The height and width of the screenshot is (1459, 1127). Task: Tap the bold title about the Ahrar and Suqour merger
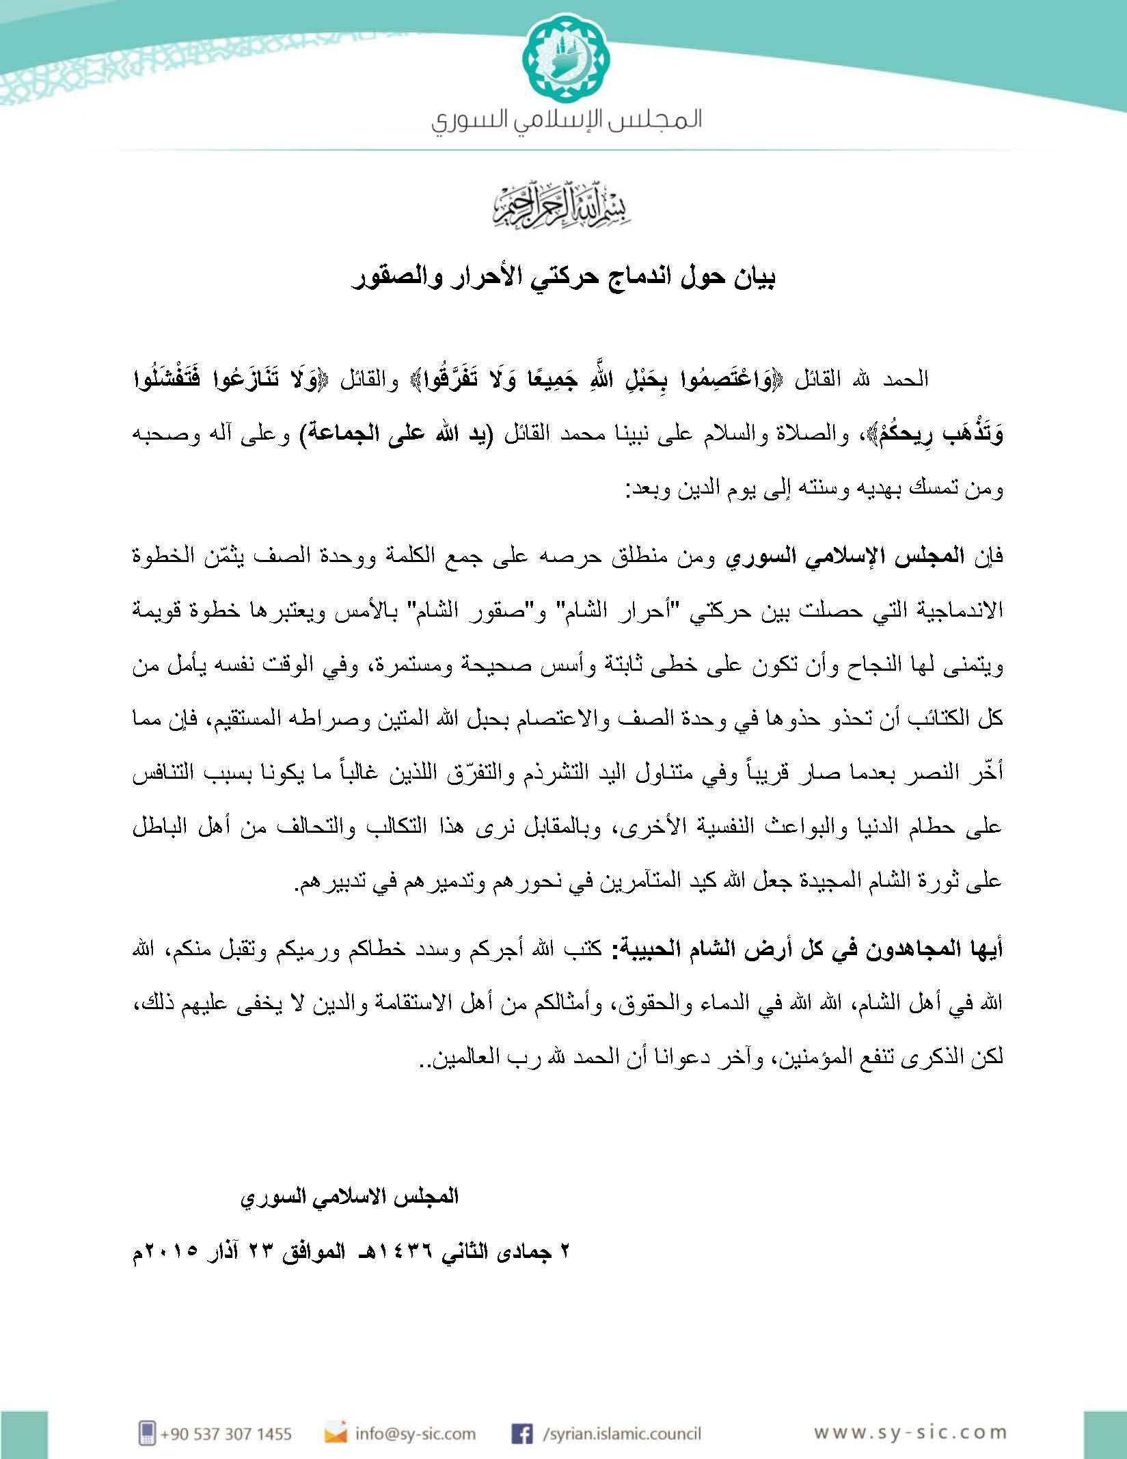(563, 278)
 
